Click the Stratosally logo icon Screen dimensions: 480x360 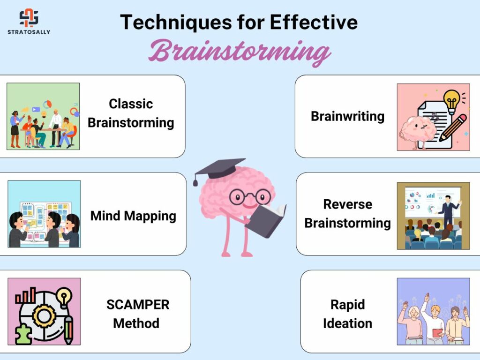[x=29, y=17]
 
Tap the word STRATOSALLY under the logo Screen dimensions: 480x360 [x=29, y=32]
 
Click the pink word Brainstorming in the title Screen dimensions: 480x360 [x=240, y=52]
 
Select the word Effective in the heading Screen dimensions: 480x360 [x=314, y=22]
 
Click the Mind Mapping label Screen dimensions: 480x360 [x=133, y=216]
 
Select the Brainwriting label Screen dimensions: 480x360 [x=347, y=116]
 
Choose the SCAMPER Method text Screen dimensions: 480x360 [x=137, y=314]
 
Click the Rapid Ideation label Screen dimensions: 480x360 [x=347, y=314]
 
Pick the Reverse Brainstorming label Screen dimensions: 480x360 [x=347, y=214]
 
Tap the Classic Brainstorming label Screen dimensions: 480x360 [x=131, y=113]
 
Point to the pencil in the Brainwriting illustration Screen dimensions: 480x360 [x=453, y=128]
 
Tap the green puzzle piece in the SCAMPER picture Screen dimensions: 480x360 [x=23, y=335]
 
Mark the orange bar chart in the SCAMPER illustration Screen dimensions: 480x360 [x=26, y=295]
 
